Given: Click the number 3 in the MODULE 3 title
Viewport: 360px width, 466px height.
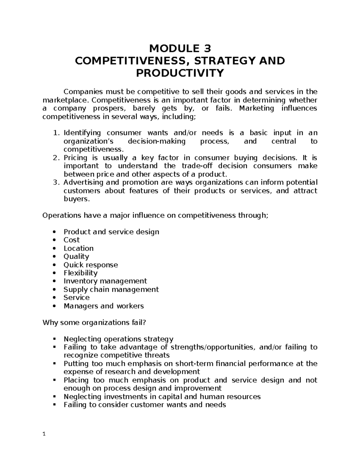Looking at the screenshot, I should [207, 48].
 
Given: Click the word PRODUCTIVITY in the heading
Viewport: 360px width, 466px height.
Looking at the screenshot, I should [180, 73].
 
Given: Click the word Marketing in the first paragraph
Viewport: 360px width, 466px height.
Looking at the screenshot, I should [256, 108].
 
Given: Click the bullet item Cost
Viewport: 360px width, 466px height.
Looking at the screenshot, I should [71, 240].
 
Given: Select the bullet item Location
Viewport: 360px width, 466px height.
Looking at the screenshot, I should [78, 248].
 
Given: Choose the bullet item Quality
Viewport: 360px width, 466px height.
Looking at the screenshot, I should [76, 257].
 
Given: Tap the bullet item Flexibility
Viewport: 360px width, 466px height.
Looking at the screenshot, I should [80, 273].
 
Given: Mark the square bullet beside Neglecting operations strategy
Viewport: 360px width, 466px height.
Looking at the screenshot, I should [54, 339].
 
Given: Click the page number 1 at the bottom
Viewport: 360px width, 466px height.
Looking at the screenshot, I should [44, 434].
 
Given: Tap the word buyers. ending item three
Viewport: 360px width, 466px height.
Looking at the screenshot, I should [76, 199].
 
